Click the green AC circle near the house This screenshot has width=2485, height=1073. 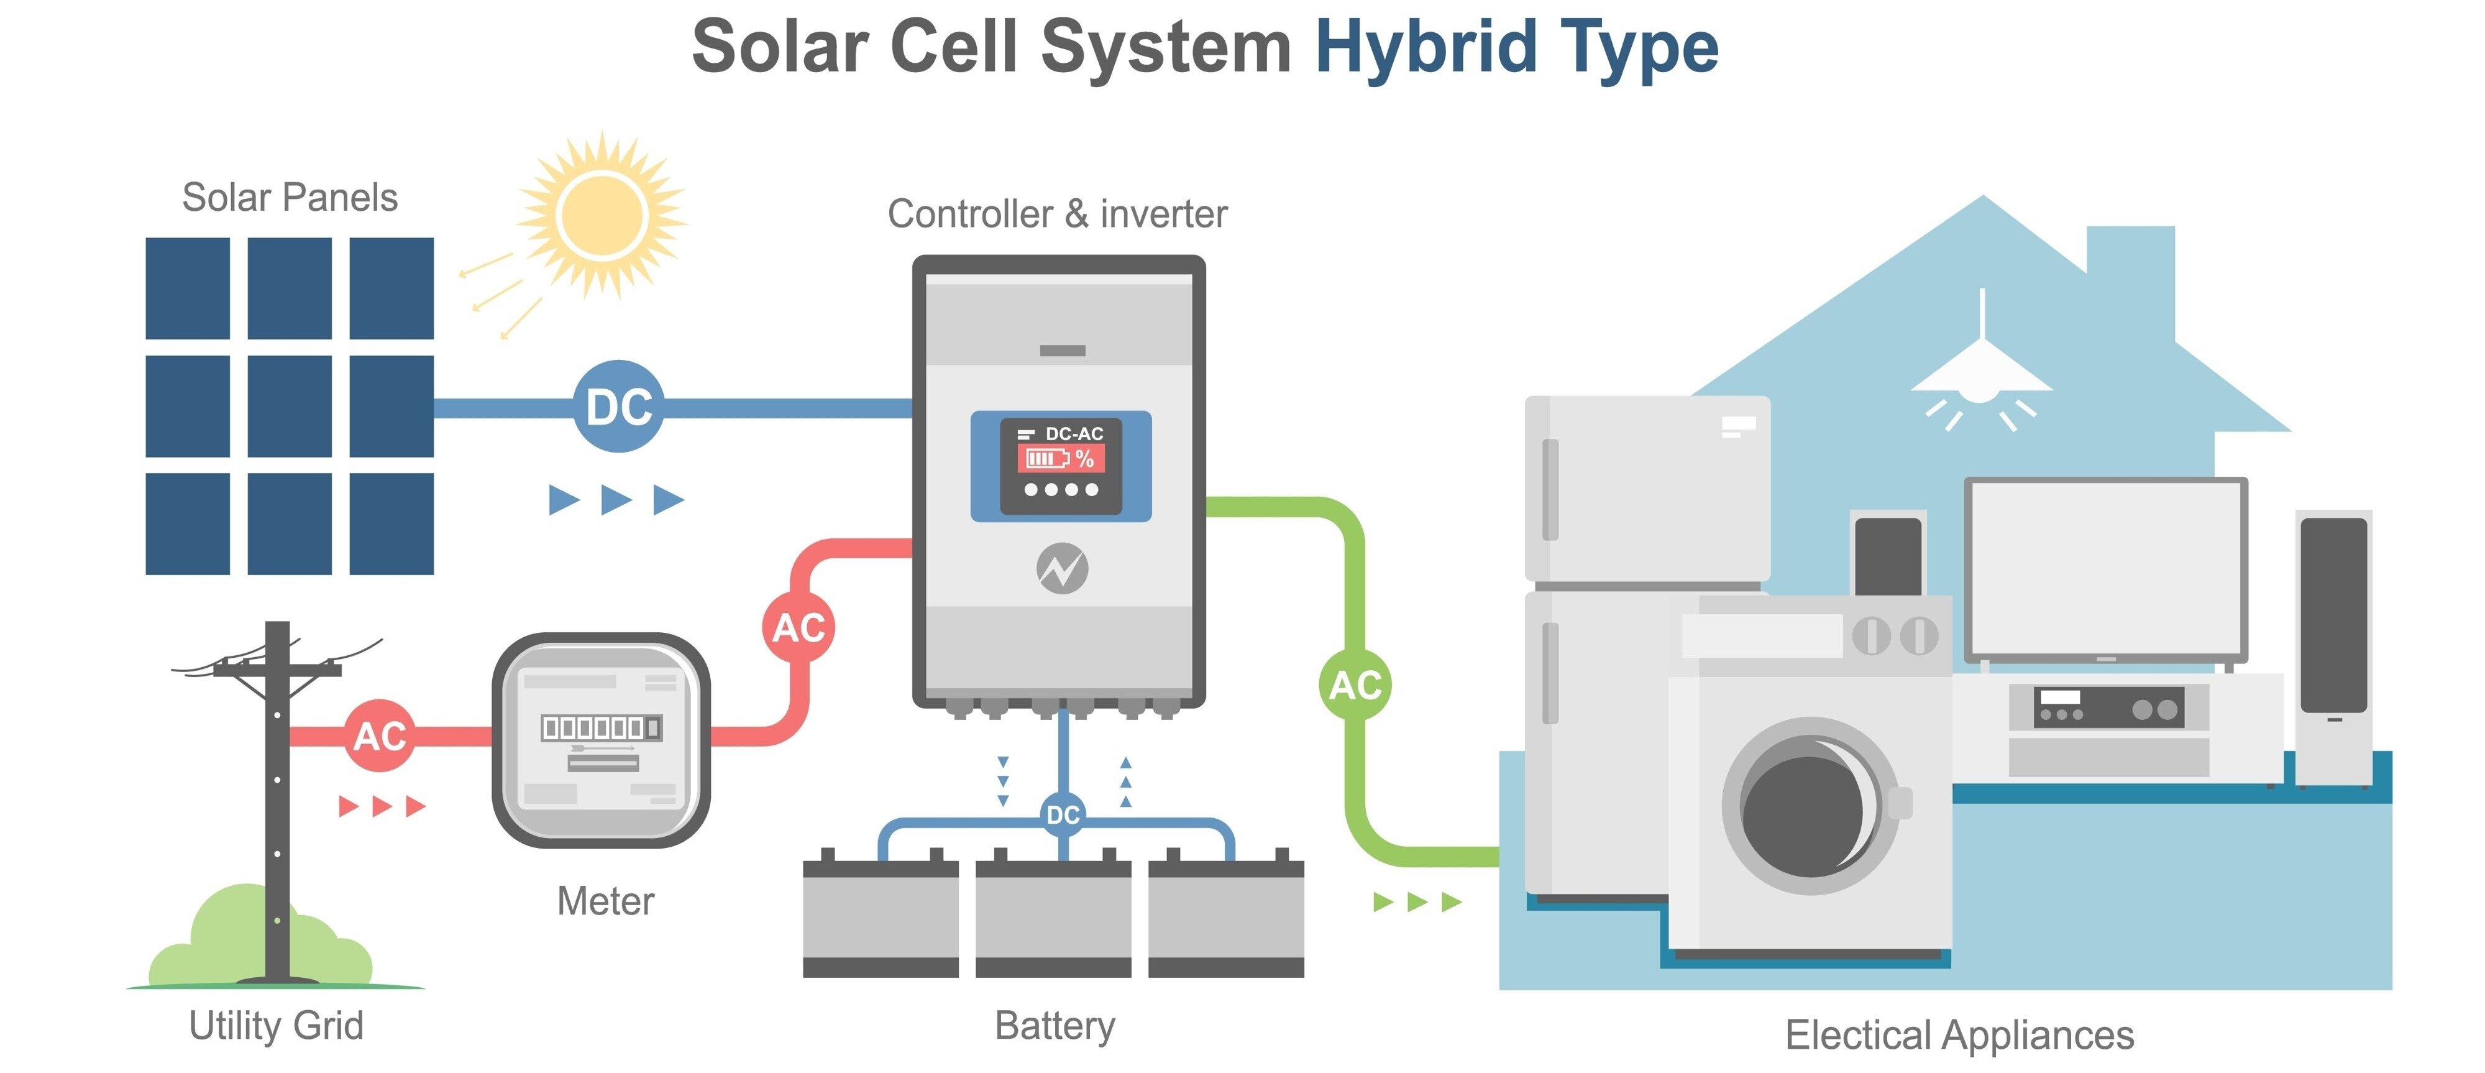[x=1355, y=685]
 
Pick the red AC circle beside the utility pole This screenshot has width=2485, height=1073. [x=380, y=736]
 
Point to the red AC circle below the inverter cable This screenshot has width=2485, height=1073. [x=799, y=627]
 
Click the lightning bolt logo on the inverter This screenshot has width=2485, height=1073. [x=1062, y=568]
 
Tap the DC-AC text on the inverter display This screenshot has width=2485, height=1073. [x=1074, y=434]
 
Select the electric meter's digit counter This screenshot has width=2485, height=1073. [x=601, y=727]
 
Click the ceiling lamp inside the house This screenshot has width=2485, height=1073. [x=1982, y=376]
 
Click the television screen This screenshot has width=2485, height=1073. [x=2106, y=569]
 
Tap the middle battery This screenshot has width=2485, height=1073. [x=1053, y=917]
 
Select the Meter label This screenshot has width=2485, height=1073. [x=605, y=901]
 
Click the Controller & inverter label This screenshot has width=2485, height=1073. [x=1057, y=214]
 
